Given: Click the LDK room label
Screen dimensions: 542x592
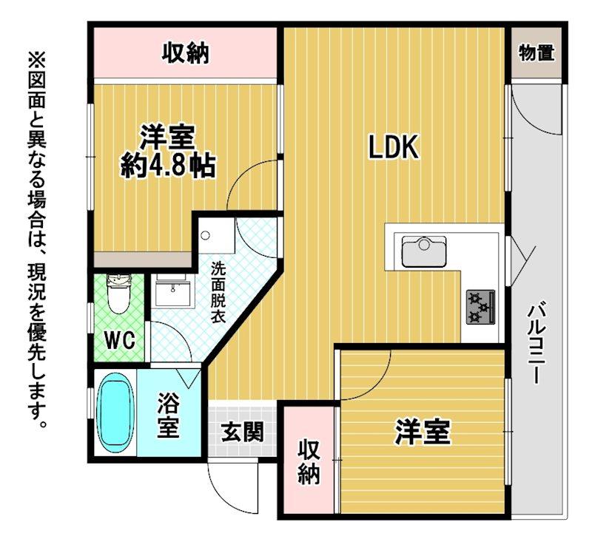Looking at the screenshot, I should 394,148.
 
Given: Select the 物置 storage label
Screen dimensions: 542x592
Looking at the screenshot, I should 536,54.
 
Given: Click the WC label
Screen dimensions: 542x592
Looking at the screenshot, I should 119,341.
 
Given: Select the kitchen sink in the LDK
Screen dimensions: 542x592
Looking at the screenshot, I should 424,251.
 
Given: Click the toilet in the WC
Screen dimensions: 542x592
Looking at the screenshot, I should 118,294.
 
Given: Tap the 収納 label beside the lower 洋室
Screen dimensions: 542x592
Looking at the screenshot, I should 309,462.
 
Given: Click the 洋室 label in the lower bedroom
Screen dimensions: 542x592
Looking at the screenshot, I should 423,432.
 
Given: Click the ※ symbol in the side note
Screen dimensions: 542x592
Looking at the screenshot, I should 36,57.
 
